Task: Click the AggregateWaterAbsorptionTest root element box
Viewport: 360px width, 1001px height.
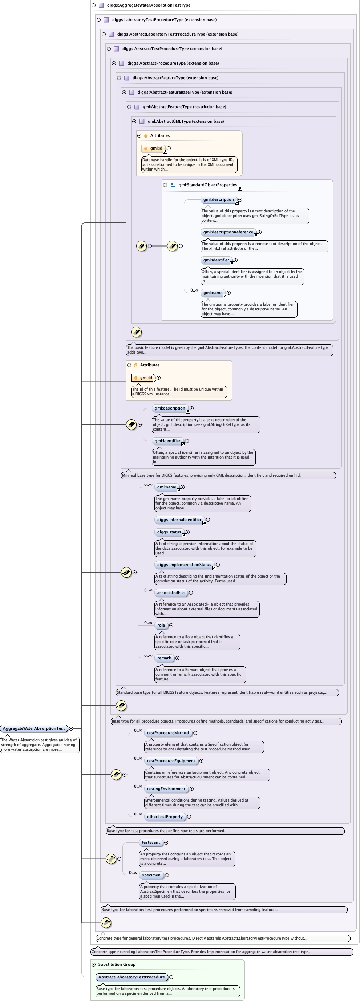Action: point(34,728)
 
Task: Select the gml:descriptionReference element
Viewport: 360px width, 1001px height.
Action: point(228,232)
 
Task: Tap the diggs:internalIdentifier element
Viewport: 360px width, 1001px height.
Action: point(179,520)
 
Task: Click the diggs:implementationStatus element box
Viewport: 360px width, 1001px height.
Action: point(184,565)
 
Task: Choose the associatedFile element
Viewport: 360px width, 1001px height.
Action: point(171,593)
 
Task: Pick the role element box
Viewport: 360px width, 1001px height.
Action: point(161,625)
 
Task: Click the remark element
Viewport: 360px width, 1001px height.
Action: point(164,658)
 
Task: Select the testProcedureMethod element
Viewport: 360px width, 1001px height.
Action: point(167,732)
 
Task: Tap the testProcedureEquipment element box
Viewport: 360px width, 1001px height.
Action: point(171,761)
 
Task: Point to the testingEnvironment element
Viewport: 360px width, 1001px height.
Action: point(166,789)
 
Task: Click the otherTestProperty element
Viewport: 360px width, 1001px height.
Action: point(165,817)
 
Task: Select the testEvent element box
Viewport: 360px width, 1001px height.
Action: point(151,842)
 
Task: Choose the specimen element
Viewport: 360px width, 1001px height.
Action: point(151,875)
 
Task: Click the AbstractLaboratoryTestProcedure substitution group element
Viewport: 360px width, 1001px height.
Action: point(132,977)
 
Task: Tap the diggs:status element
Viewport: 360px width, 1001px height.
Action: point(169,532)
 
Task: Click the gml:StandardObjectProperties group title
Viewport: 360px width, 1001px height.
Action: point(207,185)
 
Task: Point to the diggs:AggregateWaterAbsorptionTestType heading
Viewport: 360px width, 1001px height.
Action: point(149,5)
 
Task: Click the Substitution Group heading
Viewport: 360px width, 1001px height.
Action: point(117,964)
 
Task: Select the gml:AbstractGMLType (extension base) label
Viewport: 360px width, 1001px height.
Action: point(185,121)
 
